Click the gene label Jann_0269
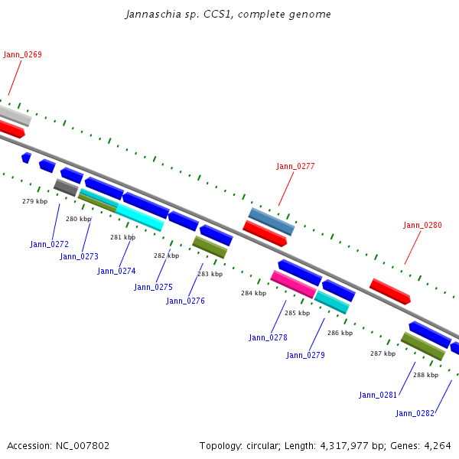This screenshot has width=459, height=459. point(22,54)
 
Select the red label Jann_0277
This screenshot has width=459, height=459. point(295,166)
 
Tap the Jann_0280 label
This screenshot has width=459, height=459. point(423,225)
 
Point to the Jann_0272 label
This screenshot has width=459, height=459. point(50,244)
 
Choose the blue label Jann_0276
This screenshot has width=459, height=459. point(185,301)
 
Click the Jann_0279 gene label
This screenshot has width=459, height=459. point(305,355)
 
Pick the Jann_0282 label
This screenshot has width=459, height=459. point(415,413)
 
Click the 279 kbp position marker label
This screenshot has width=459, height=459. point(34,201)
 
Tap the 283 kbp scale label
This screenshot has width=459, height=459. point(210,274)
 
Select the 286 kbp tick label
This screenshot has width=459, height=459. point(340,333)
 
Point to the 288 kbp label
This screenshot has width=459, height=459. point(425,375)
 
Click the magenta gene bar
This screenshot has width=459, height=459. point(293,284)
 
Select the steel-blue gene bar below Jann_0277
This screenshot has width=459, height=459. point(271,221)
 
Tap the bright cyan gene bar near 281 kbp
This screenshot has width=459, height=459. point(139,217)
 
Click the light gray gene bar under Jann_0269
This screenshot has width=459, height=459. point(14,116)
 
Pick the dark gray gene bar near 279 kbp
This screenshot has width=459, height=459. point(66,187)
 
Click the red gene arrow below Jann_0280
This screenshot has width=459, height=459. point(390,291)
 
